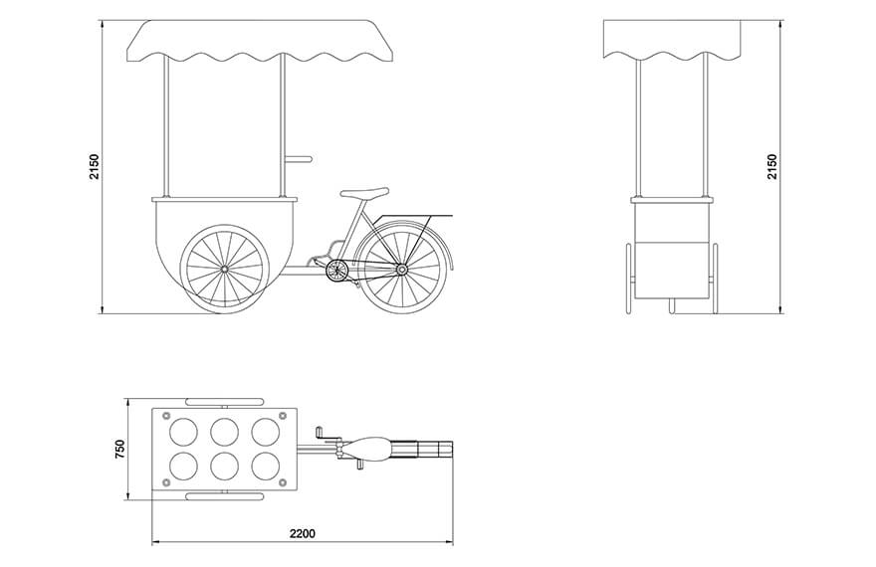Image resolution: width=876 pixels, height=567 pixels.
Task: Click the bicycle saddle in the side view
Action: [364, 193]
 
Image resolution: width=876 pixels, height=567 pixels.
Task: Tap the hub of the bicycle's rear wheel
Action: [402, 270]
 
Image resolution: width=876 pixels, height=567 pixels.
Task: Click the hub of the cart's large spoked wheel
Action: [225, 269]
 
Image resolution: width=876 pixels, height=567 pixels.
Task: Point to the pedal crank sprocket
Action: [336, 271]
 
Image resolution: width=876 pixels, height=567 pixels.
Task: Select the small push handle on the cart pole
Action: [298, 159]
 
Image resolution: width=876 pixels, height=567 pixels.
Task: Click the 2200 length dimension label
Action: [303, 533]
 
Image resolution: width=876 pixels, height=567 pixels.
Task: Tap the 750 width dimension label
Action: [119, 450]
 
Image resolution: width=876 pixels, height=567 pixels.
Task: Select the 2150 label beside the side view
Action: [94, 166]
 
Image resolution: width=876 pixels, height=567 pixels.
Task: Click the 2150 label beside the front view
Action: [771, 166]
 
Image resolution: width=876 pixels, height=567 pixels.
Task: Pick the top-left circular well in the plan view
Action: [183, 432]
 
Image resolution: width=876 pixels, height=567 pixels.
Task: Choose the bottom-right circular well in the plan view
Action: [266, 466]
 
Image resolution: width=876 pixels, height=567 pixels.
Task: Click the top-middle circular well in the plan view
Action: [224, 432]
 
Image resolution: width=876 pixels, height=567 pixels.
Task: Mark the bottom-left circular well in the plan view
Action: [183, 466]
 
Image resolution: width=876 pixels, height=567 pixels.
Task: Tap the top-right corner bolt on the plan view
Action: [282, 415]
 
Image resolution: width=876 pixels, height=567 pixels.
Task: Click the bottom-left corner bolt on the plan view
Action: [166, 482]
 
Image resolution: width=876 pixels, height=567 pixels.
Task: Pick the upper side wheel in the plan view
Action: [224, 401]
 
